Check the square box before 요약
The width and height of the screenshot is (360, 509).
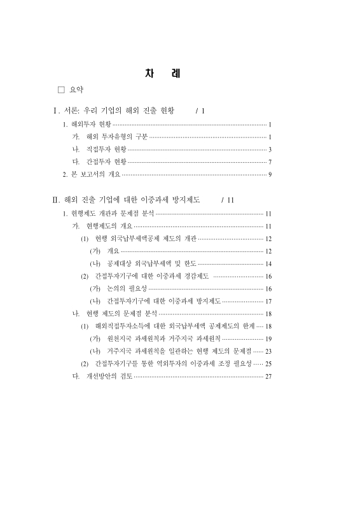pos(62,90)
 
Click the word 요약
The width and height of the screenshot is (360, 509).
pos(76,90)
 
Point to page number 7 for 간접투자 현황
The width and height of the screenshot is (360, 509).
pos(270,162)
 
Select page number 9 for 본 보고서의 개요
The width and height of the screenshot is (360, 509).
pos(270,174)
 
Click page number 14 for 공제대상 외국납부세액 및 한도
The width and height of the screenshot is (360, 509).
pos(268,263)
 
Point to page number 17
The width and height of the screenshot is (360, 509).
pos(268,301)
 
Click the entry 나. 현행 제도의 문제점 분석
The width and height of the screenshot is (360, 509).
pos(114,314)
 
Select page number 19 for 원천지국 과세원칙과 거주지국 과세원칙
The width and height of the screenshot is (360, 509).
pos(268,338)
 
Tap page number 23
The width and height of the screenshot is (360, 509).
pos(268,351)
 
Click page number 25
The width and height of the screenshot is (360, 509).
pos(268,363)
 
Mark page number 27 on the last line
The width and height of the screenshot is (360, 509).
pos(268,376)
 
